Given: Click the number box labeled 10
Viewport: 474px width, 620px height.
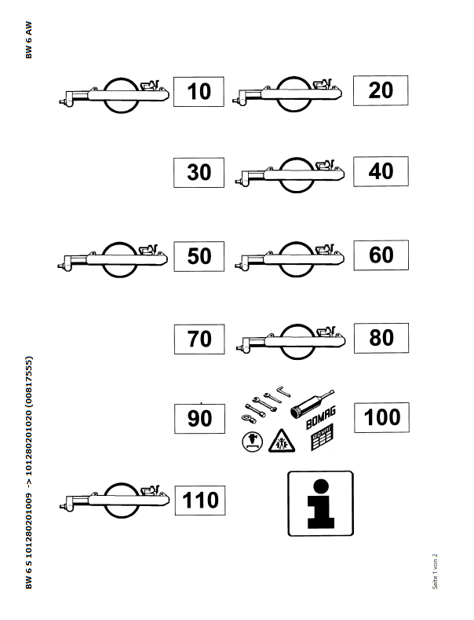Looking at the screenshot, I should (199, 91).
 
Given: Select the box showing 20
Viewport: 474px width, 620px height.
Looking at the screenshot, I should (381, 90).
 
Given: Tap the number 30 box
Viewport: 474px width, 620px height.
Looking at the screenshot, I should (199, 173).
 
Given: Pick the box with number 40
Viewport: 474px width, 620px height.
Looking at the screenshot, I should (381, 171).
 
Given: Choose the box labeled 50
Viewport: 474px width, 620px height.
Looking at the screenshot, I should (199, 256).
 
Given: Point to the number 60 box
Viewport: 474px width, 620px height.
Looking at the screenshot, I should (381, 255).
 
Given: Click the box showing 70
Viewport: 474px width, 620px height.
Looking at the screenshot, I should (199, 339).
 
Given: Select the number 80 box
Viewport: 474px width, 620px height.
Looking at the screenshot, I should (381, 338).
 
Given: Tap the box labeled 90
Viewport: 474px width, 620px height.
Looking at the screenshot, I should (199, 419).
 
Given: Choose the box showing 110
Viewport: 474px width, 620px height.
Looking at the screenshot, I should (200, 500).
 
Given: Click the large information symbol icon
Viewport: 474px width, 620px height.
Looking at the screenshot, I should (320, 503).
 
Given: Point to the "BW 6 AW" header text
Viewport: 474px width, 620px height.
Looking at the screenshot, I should (29, 40).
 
